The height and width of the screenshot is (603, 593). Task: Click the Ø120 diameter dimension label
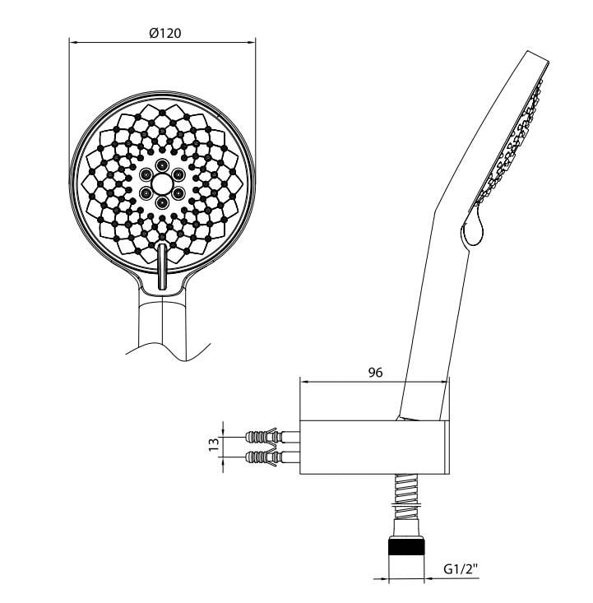pyautogui.click(x=164, y=33)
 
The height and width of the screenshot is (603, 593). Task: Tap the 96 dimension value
pyautogui.click(x=375, y=372)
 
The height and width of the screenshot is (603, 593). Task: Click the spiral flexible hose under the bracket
pyautogui.click(x=407, y=497)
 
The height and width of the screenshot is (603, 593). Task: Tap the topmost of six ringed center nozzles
pyautogui.click(x=162, y=163)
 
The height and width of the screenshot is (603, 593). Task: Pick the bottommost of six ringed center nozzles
pyautogui.click(x=162, y=202)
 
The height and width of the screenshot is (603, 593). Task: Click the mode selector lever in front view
pyautogui.click(x=161, y=264)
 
